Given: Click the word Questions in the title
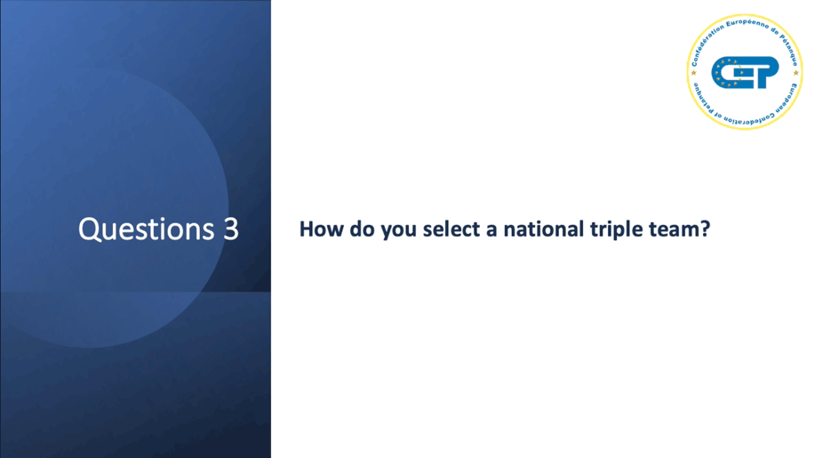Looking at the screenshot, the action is [146, 229].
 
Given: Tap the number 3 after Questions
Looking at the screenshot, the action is [231, 229].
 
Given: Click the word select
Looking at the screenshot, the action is [451, 229].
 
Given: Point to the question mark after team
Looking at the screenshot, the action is [705, 229].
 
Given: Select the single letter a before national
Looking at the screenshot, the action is [491, 232].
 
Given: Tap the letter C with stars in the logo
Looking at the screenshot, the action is [726, 72].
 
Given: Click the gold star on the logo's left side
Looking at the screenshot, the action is [693, 73].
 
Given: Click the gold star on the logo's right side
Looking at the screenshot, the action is [795, 73].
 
